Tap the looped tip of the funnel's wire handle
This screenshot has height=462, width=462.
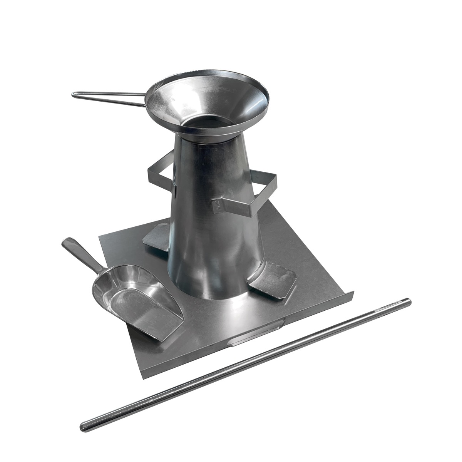(75, 94)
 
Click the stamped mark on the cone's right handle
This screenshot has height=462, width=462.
(218, 205)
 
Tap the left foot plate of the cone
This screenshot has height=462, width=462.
(156, 239)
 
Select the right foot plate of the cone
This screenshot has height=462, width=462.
(273, 279)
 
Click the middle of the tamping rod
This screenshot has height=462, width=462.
(246, 364)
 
